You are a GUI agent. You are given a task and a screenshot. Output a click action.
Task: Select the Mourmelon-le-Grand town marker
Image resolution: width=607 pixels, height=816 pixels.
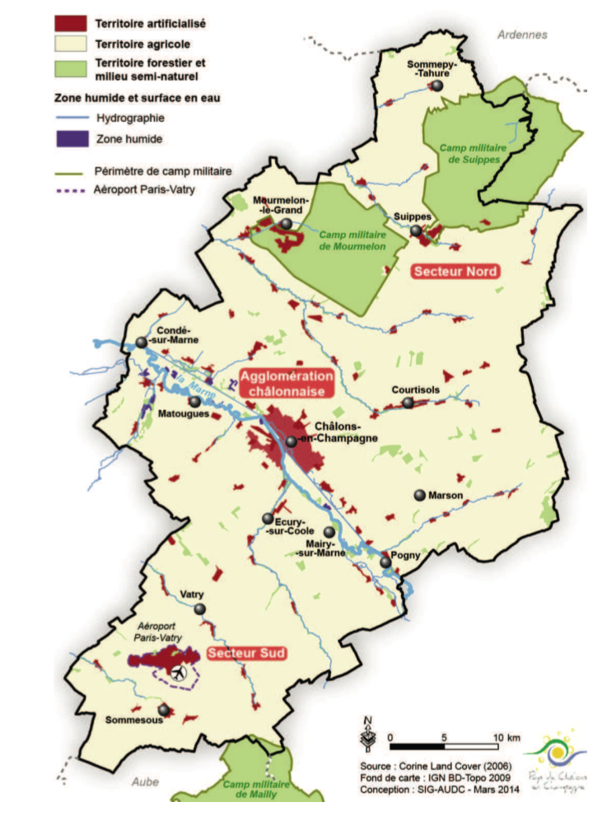tap(285, 224)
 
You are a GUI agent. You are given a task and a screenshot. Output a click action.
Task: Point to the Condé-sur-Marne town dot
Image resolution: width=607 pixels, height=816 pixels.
tap(142, 343)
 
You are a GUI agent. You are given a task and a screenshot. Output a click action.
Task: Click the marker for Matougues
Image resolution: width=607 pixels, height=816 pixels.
tap(194, 402)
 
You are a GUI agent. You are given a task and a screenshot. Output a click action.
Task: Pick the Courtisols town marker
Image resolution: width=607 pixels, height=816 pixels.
tap(408, 403)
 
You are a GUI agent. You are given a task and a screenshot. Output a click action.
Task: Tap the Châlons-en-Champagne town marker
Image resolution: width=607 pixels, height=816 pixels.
tap(291, 441)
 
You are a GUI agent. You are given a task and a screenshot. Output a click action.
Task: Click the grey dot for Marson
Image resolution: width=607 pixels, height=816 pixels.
tap(420, 495)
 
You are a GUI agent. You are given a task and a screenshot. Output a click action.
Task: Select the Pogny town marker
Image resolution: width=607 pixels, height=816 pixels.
tap(385, 563)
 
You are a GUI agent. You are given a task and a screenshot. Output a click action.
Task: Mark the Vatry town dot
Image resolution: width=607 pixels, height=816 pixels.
tap(199, 609)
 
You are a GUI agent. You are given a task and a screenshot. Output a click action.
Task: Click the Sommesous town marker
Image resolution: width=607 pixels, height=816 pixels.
tap(164, 709)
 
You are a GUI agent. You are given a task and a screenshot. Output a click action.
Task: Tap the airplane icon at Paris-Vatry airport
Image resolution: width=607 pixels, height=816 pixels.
tap(178, 674)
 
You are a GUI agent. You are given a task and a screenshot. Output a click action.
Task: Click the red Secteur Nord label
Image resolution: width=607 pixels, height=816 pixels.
tap(456, 271)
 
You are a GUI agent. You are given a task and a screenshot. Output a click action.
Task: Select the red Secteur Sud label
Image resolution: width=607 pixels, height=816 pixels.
tap(246, 654)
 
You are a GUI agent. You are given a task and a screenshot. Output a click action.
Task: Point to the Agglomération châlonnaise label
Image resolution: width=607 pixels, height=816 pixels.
tap(287, 384)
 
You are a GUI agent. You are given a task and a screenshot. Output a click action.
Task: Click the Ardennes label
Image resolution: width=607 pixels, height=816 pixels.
tap(522, 35)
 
